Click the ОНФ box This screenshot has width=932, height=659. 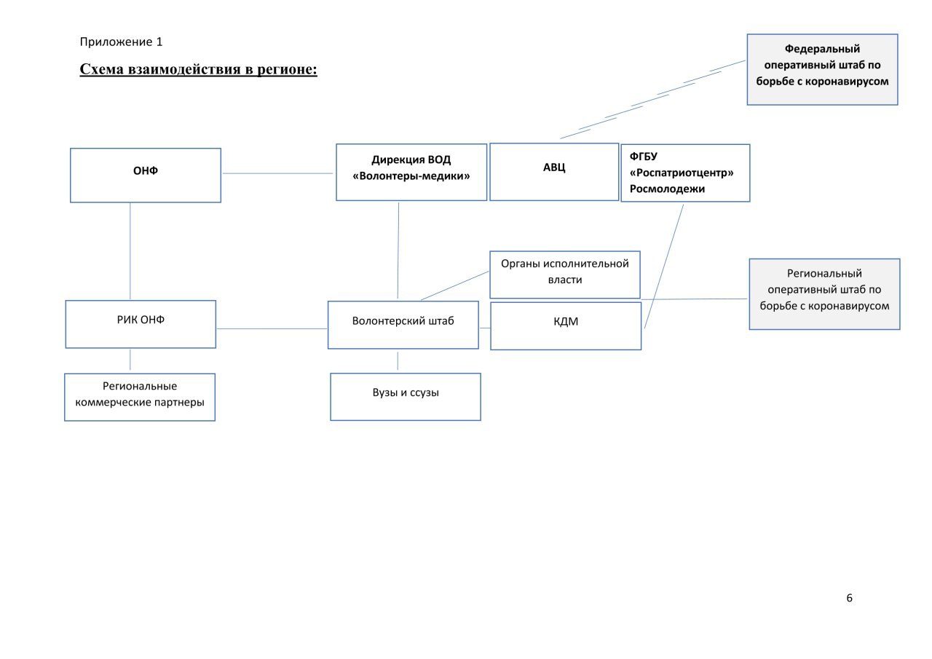coord(146,175)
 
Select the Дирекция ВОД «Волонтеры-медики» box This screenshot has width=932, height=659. coord(411,173)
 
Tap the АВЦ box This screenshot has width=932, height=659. coord(554,172)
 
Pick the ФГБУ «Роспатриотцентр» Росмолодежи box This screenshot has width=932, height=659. coord(685,173)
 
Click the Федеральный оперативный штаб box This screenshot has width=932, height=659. coord(823,69)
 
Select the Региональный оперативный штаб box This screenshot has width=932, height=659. coord(825,294)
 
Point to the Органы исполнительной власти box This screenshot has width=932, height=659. coord(565,275)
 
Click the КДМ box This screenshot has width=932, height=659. coord(566,325)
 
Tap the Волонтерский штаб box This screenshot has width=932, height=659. coord(403,325)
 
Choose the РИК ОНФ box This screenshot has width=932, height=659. coord(141,324)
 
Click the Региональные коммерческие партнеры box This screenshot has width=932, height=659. coord(140,398)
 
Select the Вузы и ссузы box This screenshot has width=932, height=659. coord(406,397)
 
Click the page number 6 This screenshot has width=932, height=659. coord(849,598)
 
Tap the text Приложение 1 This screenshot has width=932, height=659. coord(121,42)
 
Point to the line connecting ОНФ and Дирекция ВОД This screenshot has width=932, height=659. coord(277,173)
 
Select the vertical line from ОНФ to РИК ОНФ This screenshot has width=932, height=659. coord(130,251)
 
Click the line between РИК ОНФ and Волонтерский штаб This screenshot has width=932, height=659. coord(272,328)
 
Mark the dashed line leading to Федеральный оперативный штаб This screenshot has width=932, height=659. coord(653,100)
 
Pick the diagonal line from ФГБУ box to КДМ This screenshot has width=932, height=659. coord(664,267)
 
